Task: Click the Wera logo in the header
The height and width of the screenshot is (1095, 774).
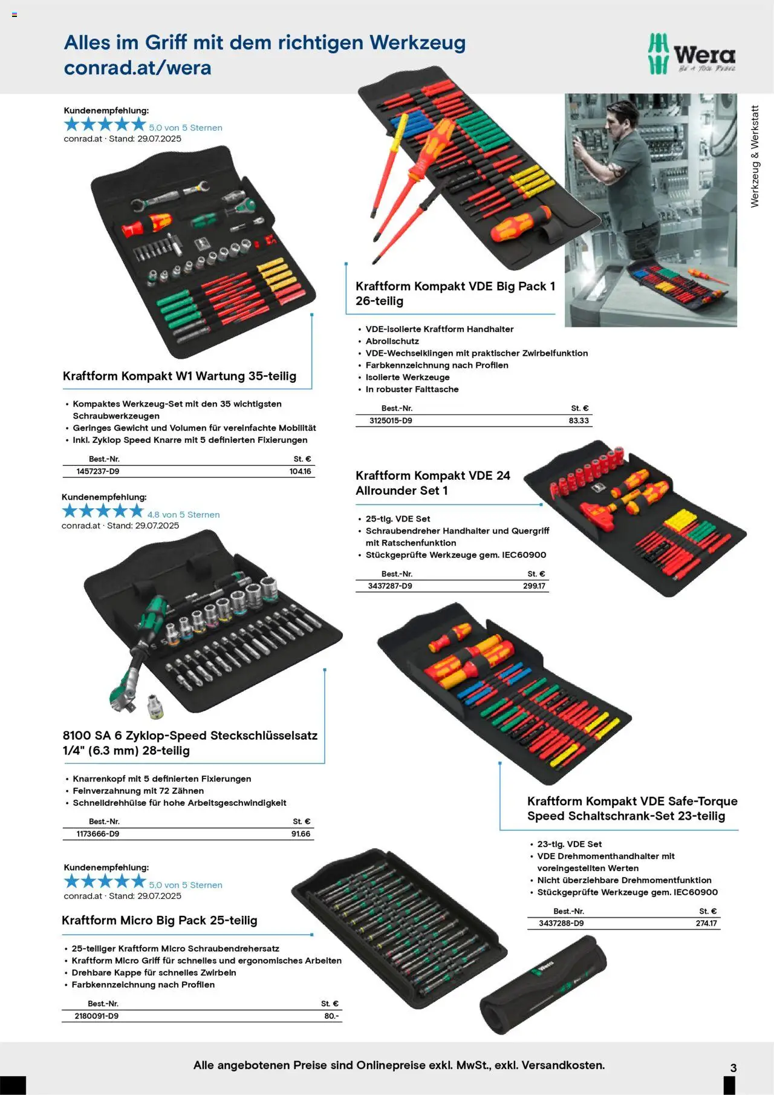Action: pos(691,54)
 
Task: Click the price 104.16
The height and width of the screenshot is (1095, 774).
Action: pos(300,471)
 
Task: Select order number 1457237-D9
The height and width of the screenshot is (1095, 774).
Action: pos(98,471)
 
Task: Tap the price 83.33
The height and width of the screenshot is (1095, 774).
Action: pos(579,420)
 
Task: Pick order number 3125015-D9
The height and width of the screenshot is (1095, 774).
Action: pos(391,420)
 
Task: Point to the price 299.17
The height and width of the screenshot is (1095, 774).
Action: pos(534,586)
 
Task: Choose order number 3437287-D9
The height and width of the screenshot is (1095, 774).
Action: pos(390,586)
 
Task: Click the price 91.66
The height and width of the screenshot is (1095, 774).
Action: pos(301,834)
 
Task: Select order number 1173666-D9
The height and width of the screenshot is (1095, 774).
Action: pos(98,834)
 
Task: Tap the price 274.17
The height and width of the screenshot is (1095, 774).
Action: pos(706,923)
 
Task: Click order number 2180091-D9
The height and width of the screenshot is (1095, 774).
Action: pos(97,1016)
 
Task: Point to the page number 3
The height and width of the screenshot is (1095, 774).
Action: pos(733,1068)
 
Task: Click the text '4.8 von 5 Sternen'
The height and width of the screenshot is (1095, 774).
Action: pos(184,514)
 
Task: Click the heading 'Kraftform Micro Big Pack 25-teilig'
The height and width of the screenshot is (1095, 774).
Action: pos(160,920)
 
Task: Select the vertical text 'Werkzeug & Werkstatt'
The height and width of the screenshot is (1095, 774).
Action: pos(755,157)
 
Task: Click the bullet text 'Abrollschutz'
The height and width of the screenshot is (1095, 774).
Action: pos(392,341)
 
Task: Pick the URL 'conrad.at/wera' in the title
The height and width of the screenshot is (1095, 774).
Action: pos(138,67)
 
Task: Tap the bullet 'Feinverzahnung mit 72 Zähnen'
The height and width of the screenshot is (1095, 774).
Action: pos(138,791)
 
